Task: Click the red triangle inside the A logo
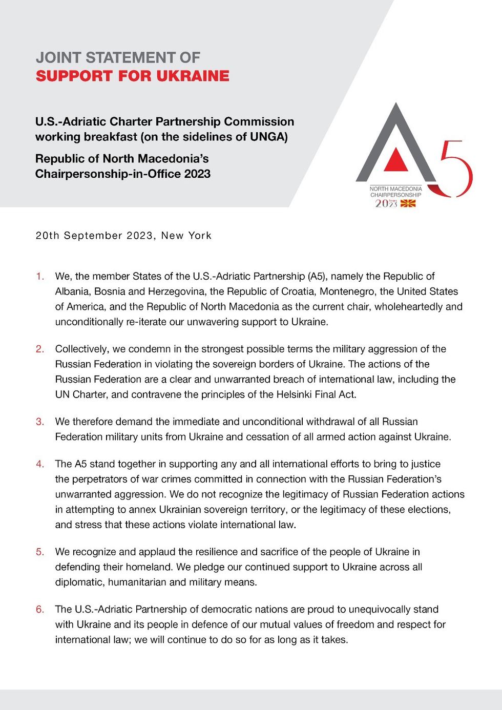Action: (x=396, y=160)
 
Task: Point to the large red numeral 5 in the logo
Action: (x=455, y=169)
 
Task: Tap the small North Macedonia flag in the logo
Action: (x=408, y=203)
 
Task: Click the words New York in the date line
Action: (x=186, y=236)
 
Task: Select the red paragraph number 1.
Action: (x=39, y=277)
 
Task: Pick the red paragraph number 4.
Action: (x=39, y=464)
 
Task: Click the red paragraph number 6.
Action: (x=39, y=610)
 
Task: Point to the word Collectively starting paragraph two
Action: (x=82, y=349)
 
